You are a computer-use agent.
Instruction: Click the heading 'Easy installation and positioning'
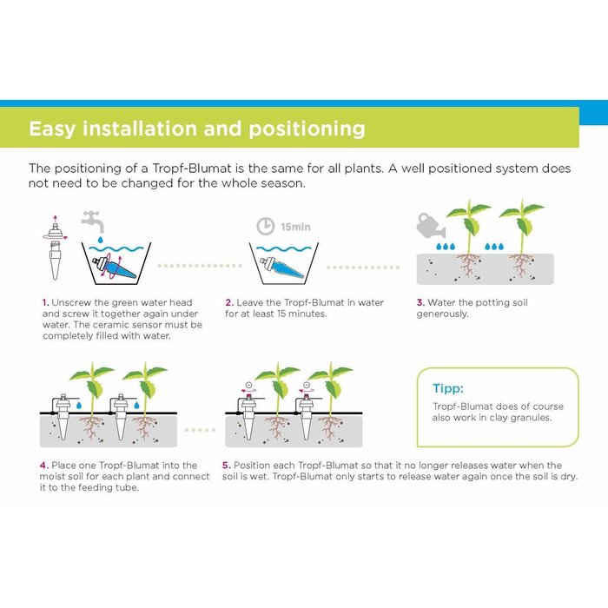tap(196, 129)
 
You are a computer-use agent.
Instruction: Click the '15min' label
tap(294, 228)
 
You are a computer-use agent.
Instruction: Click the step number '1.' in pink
tap(44, 303)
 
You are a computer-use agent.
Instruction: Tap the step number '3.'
tap(420, 303)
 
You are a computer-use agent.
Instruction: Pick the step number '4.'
tap(44, 466)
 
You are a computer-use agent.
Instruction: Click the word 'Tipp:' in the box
tap(449, 387)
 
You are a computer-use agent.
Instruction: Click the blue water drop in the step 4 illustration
tap(79, 406)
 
